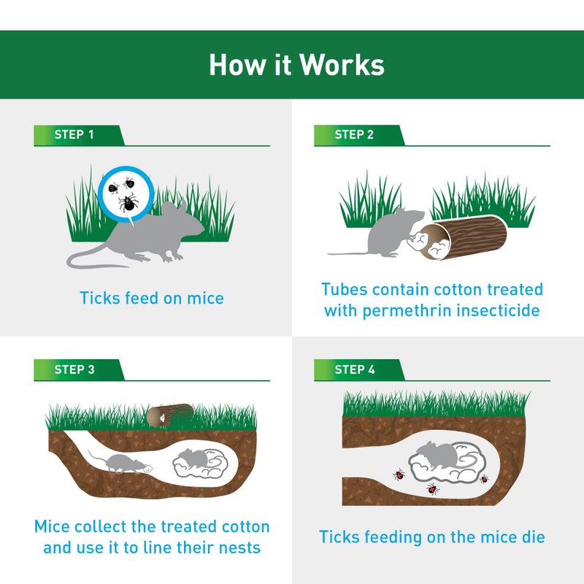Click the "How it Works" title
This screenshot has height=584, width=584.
(x=296, y=64)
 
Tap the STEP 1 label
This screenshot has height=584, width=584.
(x=74, y=135)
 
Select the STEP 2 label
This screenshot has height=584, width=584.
(x=354, y=135)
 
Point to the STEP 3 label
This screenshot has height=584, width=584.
(x=74, y=370)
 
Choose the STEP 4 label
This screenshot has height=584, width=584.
(x=354, y=370)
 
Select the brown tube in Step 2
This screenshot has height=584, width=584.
(x=467, y=238)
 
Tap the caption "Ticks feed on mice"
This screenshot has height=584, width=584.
(x=152, y=298)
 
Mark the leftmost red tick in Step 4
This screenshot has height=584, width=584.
(x=399, y=474)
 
